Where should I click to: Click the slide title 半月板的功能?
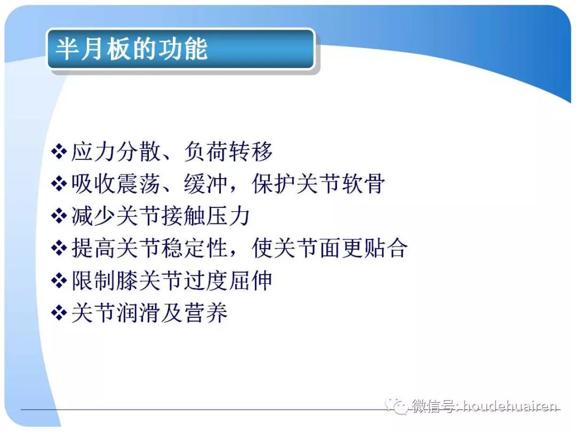coord(131,50)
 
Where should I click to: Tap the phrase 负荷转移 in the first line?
coord(228,152)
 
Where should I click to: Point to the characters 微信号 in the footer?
coord(433,407)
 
